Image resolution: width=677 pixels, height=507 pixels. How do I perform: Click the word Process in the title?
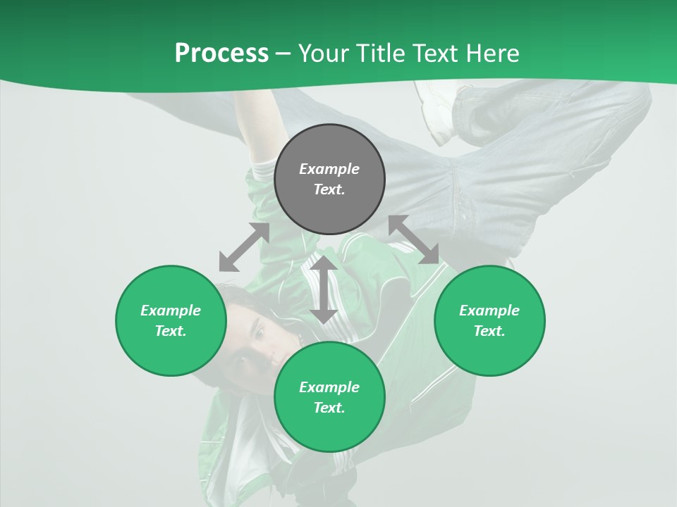(x=221, y=54)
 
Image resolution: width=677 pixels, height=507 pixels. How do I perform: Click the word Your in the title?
(x=324, y=54)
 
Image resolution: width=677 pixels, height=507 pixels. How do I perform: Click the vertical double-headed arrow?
(x=324, y=289)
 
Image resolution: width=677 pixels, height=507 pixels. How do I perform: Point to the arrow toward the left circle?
(x=244, y=248)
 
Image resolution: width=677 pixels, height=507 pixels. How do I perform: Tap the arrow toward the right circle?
(x=414, y=239)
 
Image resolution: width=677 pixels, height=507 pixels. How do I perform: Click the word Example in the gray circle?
(x=329, y=169)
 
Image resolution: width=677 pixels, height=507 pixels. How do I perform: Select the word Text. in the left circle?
(x=171, y=331)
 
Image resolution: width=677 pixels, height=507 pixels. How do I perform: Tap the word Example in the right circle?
(x=489, y=311)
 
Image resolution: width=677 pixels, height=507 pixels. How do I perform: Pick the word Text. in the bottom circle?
(x=329, y=408)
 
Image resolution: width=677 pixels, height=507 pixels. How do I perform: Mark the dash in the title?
(x=283, y=54)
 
